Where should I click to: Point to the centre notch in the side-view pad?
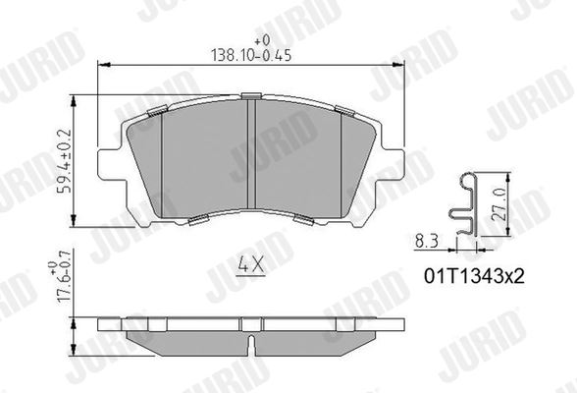point(253,345)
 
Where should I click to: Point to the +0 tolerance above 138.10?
point(261,41)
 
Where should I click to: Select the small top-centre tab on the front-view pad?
point(252,96)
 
